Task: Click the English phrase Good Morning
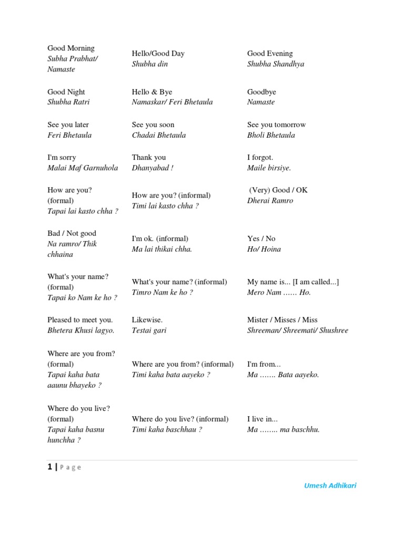coord(71,48)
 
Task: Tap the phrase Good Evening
coord(270,54)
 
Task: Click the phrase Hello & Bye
coord(152,92)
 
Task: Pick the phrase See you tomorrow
coord(276,125)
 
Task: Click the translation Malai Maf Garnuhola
coord(83,168)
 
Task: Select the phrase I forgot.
coord(260,157)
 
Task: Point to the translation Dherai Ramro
coord(270,201)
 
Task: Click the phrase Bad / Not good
coord(72,233)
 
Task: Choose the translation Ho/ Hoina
coord(264,249)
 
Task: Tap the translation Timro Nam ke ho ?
coord(163,293)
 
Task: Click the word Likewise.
coord(147,319)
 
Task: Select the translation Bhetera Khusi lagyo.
coord(81,330)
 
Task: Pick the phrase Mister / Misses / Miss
coord(282,319)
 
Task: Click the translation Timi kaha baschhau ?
coord(167,430)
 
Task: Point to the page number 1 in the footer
coord(49,467)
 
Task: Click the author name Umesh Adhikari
coord(330,485)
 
